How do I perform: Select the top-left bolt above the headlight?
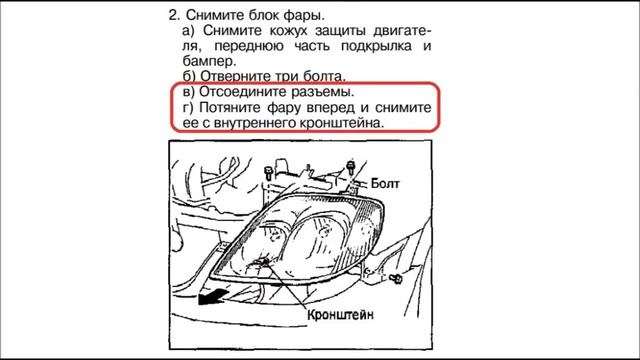click(269, 174)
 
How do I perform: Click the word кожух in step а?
click(280, 31)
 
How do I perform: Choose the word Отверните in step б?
click(237, 76)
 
